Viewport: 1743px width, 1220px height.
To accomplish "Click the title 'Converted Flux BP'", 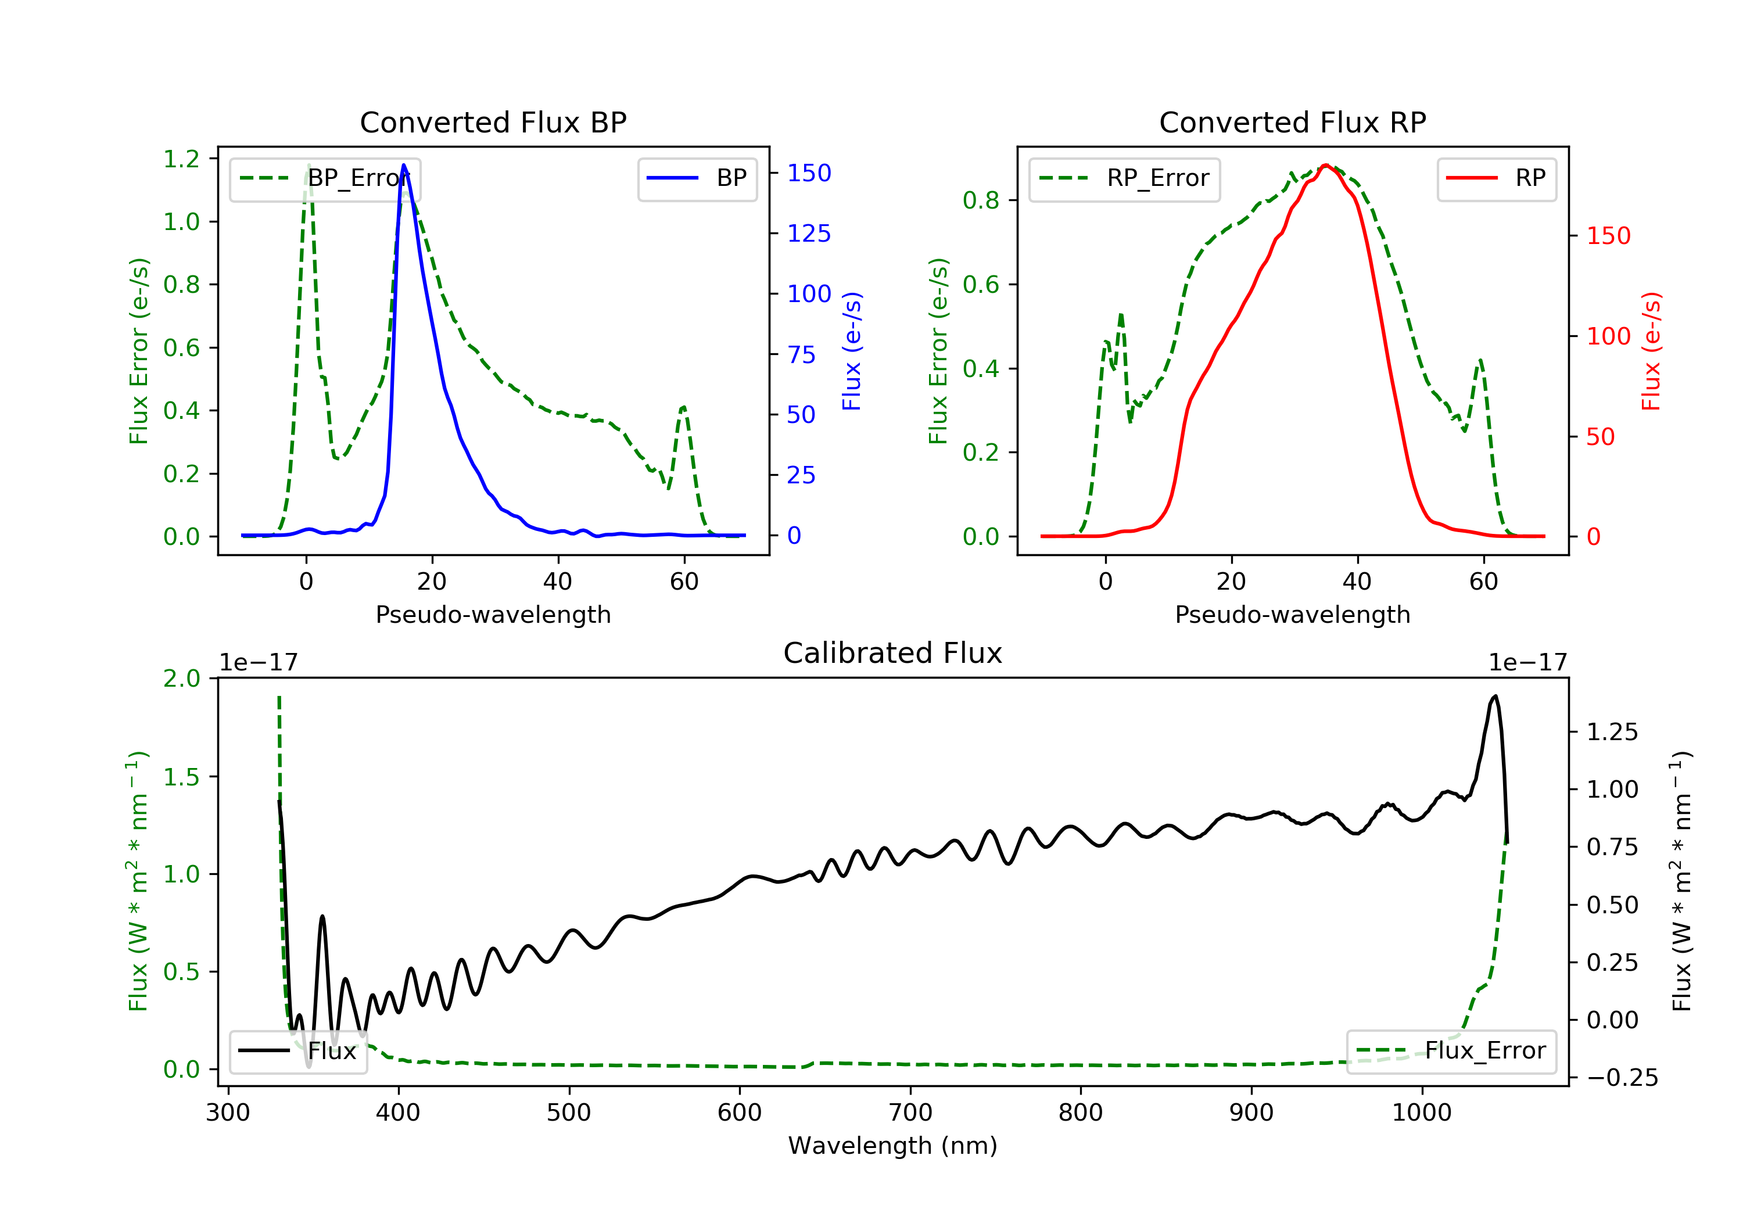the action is (493, 122).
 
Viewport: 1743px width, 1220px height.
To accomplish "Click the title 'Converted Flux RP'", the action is (1292, 122).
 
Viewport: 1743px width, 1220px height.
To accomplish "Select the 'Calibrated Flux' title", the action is (893, 653).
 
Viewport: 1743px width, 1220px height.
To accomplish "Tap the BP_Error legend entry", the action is (325, 179).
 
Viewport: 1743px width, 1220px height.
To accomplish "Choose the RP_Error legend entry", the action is (1124, 179).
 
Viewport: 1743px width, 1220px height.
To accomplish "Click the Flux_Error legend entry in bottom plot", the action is (1451, 1052).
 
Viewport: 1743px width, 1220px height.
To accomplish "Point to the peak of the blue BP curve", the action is (403, 165).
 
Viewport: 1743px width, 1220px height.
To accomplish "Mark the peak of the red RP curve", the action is (1325, 165).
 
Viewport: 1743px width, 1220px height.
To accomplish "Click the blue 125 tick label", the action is (809, 233).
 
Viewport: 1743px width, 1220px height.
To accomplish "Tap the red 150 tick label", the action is (1609, 235).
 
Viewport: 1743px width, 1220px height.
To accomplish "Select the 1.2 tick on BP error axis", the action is (181, 159).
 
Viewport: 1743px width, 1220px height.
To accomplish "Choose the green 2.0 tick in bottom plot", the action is (181, 678).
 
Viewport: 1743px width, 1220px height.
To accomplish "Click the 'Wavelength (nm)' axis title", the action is (893, 1145).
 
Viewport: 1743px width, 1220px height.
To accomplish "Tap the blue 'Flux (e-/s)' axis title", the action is (852, 351).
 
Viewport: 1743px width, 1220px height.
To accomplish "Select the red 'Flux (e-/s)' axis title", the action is (1651, 351).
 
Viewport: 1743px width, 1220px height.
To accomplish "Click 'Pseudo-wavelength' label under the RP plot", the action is (1292, 614).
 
